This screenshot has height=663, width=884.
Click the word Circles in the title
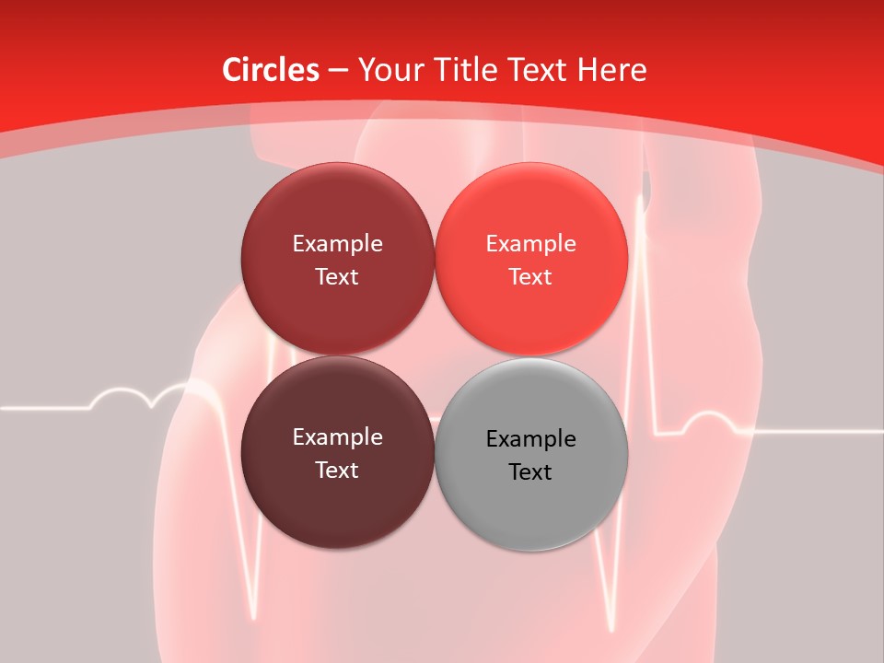point(270,70)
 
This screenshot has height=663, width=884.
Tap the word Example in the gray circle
point(531,439)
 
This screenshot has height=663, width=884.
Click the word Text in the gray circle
point(530,472)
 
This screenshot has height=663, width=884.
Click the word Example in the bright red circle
point(531,244)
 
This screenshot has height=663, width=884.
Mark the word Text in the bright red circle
point(530,277)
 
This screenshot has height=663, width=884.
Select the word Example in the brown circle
point(337,437)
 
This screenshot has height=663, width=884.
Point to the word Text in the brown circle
point(337,471)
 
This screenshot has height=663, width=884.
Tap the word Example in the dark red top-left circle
point(337,244)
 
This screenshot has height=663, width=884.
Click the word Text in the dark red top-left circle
point(337,277)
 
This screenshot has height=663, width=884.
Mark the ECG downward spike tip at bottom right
point(609,629)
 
